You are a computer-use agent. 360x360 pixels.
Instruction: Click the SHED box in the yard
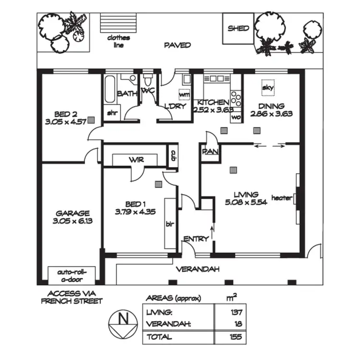(x=238, y=28)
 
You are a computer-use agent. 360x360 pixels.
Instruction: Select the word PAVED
(x=177, y=45)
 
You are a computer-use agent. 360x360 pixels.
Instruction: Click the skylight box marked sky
(x=267, y=87)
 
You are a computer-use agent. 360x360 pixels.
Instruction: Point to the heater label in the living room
(x=281, y=198)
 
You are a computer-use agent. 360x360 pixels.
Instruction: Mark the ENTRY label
(x=196, y=239)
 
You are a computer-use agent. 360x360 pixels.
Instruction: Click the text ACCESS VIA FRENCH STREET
(x=71, y=298)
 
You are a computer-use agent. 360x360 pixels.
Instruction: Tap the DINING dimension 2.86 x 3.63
(x=271, y=114)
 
